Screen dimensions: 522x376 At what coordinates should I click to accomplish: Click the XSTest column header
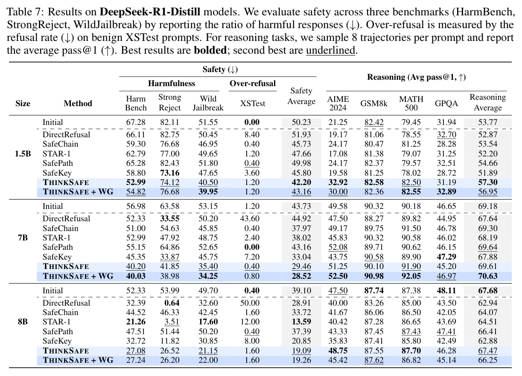[x=253, y=103]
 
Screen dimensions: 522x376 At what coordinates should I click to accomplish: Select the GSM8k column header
[x=374, y=103]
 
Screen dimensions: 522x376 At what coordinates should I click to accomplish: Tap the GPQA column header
[x=446, y=103]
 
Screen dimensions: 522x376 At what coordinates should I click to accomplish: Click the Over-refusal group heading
[x=253, y=84]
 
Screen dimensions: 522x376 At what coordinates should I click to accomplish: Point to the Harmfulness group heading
[x=172, y=84]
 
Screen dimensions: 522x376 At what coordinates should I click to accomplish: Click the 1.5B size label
[x=23, y=153]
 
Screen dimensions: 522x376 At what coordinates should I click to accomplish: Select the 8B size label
[x=23, y=322]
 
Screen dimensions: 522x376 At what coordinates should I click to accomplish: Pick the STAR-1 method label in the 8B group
[x=56, y=322]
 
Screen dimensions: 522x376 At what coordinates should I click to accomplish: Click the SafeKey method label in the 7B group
[x=57, y=257]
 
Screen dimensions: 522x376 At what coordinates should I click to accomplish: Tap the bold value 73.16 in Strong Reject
[x=169, y=173]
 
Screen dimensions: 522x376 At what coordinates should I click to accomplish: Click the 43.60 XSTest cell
[x=250, y=219]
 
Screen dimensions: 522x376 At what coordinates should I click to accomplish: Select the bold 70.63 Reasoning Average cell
[x=488, y=276]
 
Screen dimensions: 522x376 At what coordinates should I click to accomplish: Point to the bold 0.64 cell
[x=172, y=303]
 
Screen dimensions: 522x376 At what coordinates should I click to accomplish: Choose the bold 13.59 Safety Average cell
[x=301, y=322]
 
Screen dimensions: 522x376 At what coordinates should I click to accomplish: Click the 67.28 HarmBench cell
[x=136, y=122]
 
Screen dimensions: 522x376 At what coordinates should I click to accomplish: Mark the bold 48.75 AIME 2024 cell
[x=338, y=350]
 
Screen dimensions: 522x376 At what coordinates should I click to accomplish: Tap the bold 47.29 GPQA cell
[x=446, y=257]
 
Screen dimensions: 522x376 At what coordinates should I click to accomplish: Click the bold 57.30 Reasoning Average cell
[x=488, y=182]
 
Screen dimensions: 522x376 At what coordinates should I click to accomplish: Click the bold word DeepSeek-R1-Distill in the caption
[x=150, y=12]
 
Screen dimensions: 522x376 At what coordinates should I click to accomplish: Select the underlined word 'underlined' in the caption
[x=330, y=50]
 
